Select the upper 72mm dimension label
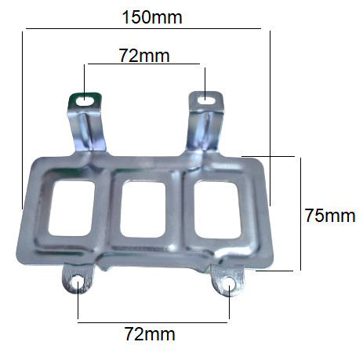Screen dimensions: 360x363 [x=143, y=55]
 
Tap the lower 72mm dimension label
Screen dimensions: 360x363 [x=150, y=335]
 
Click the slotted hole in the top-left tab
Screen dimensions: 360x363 [x=85, y=100]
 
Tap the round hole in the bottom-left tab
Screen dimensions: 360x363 [x=78, y=282]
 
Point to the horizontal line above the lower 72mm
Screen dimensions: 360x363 [x=153, y=320]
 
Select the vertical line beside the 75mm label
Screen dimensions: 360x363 [x=299, y=213]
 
